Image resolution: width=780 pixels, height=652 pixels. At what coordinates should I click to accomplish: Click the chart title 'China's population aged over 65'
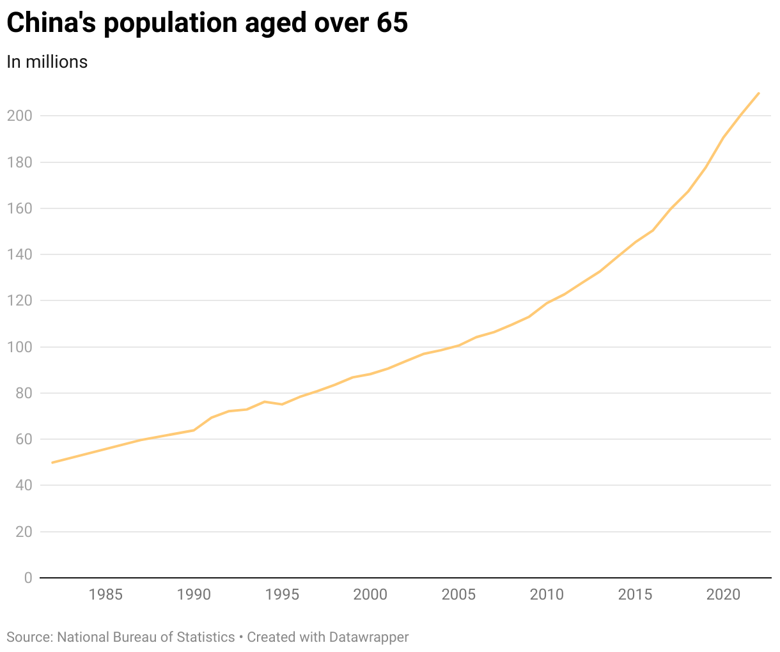pos(207,24)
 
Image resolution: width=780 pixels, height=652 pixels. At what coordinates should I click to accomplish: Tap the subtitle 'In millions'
pos(47,61)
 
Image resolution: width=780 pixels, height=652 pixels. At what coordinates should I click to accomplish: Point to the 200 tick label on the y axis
pos(19,116)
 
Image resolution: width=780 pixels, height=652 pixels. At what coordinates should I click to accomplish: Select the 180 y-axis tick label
pos(19,162)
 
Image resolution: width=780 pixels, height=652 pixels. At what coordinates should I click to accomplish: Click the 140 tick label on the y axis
pos(19,254)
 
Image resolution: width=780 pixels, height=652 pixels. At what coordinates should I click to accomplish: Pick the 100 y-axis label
pos(19,347)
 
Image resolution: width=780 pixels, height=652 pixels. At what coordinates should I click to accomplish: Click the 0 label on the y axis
pos(27,578)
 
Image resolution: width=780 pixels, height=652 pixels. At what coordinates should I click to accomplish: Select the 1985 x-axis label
pos(105,594)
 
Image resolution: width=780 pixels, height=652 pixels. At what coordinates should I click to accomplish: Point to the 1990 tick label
pos(194,594)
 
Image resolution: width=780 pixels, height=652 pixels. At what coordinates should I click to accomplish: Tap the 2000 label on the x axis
pos(370,594)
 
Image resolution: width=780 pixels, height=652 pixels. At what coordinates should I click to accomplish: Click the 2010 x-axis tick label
pos(547,594)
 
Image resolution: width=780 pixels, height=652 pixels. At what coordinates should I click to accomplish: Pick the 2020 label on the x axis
pos(723,594)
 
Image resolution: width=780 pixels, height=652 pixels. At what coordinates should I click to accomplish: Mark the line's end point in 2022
pos(758,93)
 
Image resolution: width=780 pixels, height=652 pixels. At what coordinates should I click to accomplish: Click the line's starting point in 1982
pos(52,462)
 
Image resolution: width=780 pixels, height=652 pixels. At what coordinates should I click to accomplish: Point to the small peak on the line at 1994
pos(264,401)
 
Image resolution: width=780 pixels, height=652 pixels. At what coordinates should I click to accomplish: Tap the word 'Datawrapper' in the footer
pos(369,637)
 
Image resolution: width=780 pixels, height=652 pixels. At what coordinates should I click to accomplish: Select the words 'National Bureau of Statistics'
pos(146,637)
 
